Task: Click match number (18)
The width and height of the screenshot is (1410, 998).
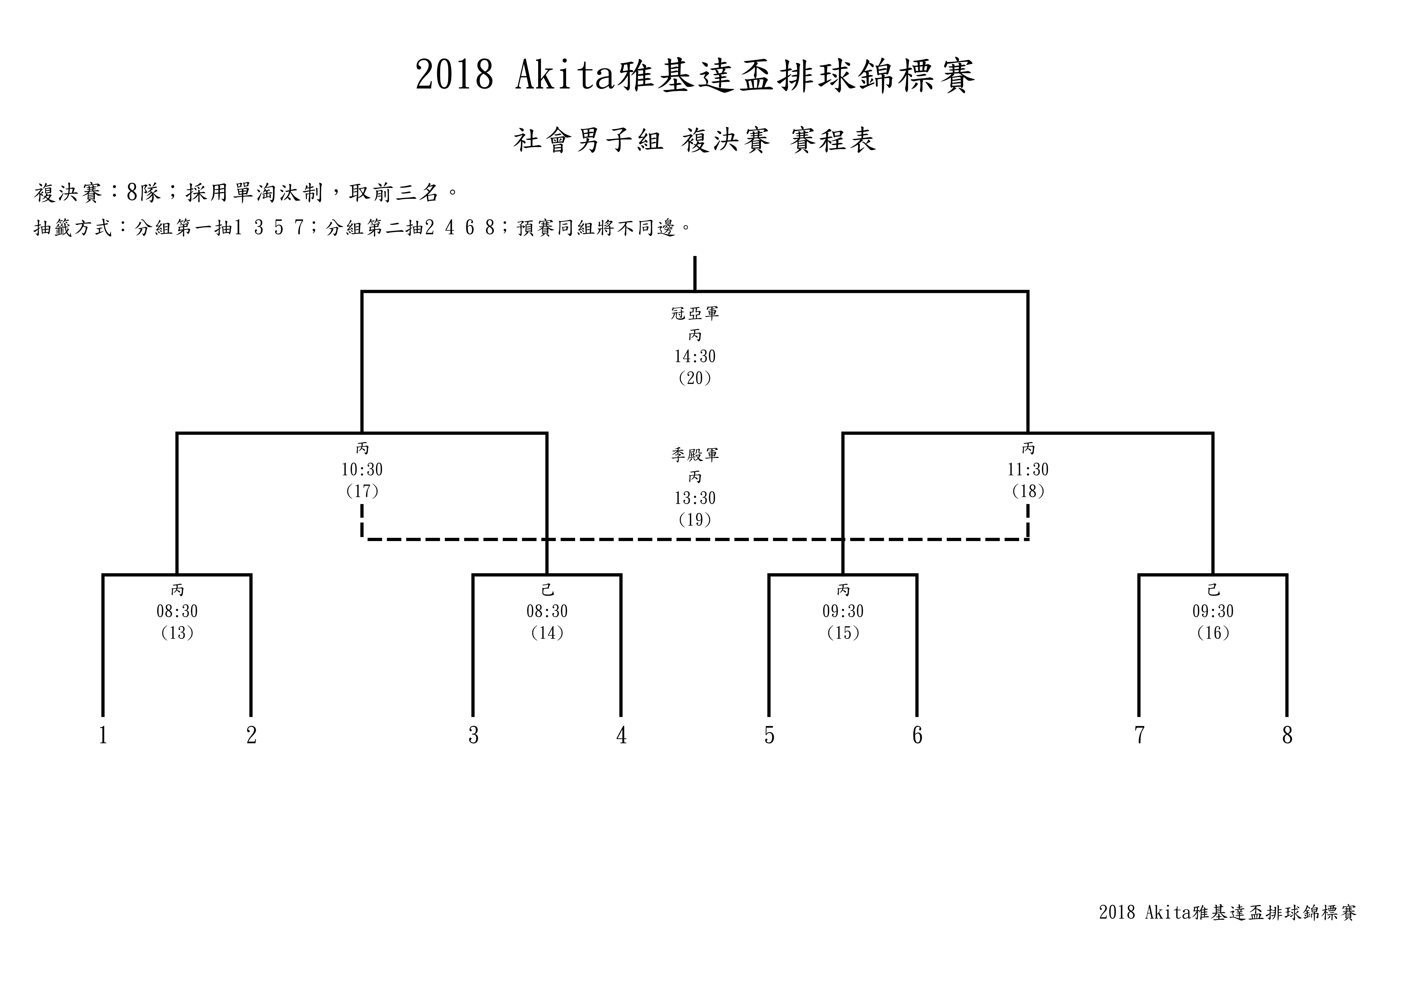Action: click(x=1028, y=491)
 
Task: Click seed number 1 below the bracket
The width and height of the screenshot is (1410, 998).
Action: click(x=103, y=736)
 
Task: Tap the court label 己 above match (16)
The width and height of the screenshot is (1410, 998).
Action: click(x=1213, y=590)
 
